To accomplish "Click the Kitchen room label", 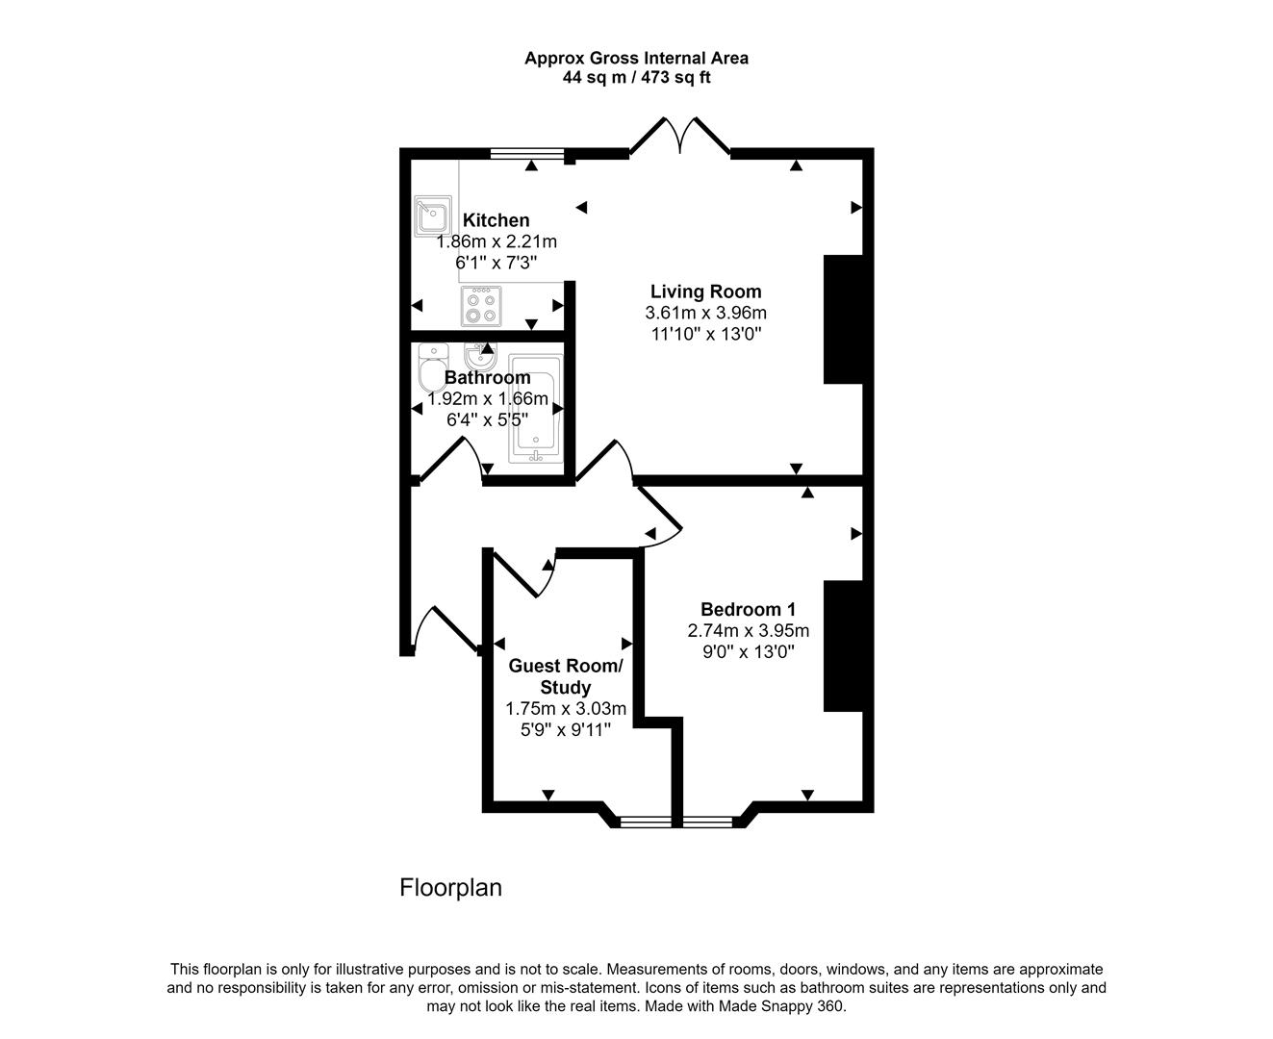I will (x=496, y=220).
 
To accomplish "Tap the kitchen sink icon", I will (x=433, y=216).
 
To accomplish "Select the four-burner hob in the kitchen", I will (x=480, y=306).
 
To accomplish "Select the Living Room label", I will (x=705, y=291).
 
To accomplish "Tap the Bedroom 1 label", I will (x=748, y=609).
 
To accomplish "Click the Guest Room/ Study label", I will (x=565, y=676).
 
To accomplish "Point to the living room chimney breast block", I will (x=843, y=319).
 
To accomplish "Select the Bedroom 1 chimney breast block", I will (x=843, y=646).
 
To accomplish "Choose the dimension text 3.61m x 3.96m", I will (x=705, y=313).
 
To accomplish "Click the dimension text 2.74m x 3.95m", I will (x=748, y=631).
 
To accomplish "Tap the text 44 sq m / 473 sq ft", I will (x=636, y=77).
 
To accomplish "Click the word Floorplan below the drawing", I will (x=450, y=887).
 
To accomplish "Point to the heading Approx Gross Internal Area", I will (x=636, y=58).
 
